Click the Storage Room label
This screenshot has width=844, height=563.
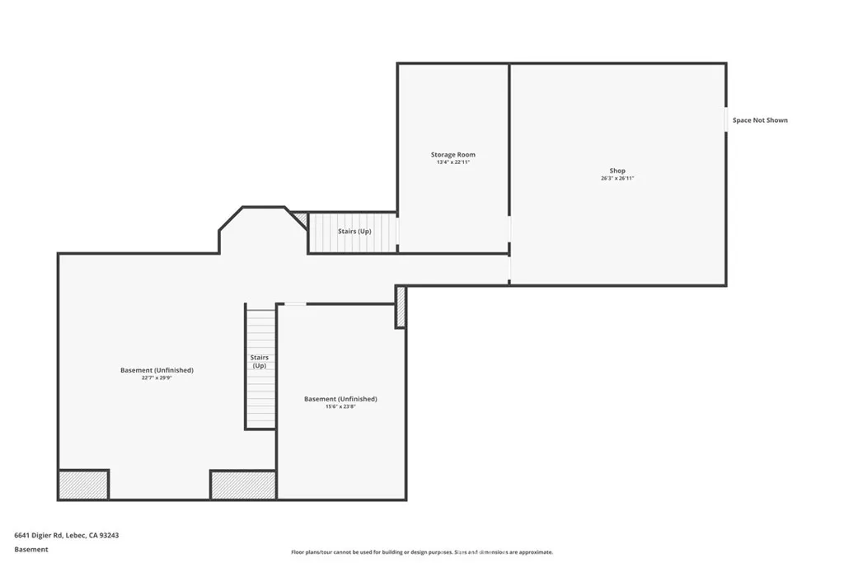point(452,155)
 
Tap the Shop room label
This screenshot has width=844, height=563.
point(617,171)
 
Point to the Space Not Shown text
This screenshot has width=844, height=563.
point(760,120)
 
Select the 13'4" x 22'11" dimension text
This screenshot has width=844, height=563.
point(452,162)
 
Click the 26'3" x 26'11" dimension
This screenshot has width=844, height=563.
point(617,178)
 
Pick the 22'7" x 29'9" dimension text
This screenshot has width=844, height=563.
point(157,378)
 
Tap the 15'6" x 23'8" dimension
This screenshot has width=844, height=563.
point(340,406)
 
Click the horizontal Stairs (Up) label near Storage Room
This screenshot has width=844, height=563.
point(354,232)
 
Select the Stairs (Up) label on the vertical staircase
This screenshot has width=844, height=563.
point(260,361)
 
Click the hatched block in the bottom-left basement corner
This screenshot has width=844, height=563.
point(83,484)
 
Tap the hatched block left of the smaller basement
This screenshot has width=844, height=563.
point(243,485)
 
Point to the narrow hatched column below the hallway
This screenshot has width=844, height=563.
point(401,307)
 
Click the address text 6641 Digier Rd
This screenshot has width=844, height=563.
point(66,535)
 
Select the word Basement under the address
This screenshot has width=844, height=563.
point(31,549)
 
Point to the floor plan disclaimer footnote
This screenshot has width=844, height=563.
point(421,552)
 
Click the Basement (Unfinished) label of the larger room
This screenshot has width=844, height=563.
point(157,370)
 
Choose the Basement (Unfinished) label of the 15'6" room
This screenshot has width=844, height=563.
point(340,399)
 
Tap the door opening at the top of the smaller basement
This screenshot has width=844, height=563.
point(295,304)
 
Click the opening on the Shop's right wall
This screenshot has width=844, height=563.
point(726,120)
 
